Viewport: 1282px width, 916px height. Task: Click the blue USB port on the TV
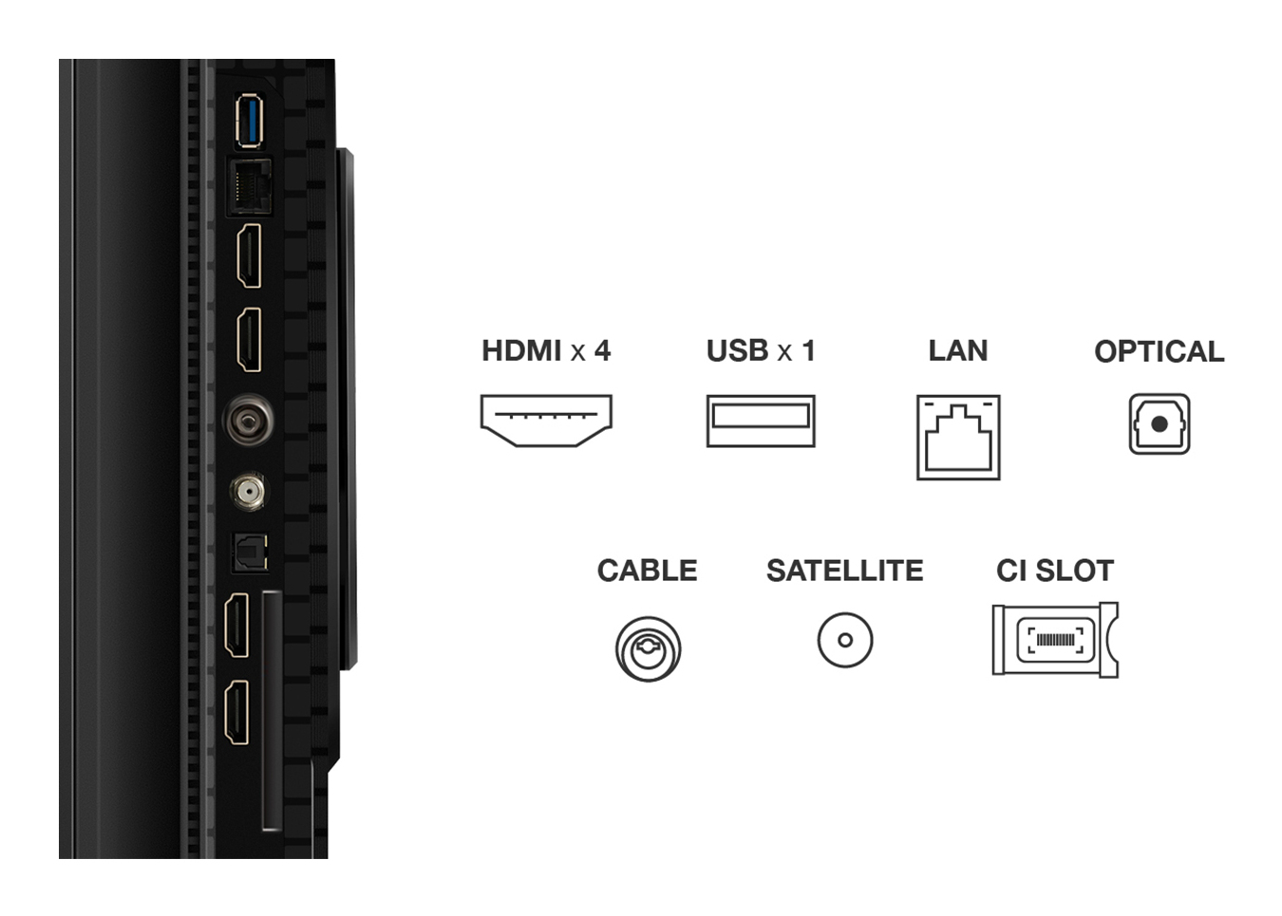pyautogui.click(x=249, y=122)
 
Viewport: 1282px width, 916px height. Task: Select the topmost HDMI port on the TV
pyautogui.click(x=249, y=256)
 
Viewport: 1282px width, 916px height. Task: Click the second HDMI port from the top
pyautogui.click(x=249, y=340)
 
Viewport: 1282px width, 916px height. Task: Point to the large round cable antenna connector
pyautogui.click(x=249, y=420)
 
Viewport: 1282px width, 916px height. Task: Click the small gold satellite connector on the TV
pyautogui.click(x=248, y=491)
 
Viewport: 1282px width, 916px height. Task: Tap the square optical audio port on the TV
pyautogui.click(x=251, y=552)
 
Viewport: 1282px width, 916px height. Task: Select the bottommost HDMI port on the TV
pyautogui.click(x=236, y=712)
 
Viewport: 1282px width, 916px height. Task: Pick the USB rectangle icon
pyautogui.click(x=760, y=421)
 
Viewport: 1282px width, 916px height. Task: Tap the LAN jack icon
pyautogui.click(x=957, y=438)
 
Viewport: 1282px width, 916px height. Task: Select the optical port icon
pyautogui.click(x=1159, y=424)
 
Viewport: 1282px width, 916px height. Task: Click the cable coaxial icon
pyautogui.click(x=648, y=648)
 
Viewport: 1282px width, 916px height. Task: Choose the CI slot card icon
pyautogui.click(x=1054, y=640)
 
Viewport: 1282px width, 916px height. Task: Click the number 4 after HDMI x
pyautogui.click(x=602, y=351)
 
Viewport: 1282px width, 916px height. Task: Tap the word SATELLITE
pyautogui.click(x=844, y=570)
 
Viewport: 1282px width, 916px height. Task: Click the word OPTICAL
pyautogui.click(x=1159, y=352)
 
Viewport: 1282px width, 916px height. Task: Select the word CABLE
pyautogui.click(x=647, y=570)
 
